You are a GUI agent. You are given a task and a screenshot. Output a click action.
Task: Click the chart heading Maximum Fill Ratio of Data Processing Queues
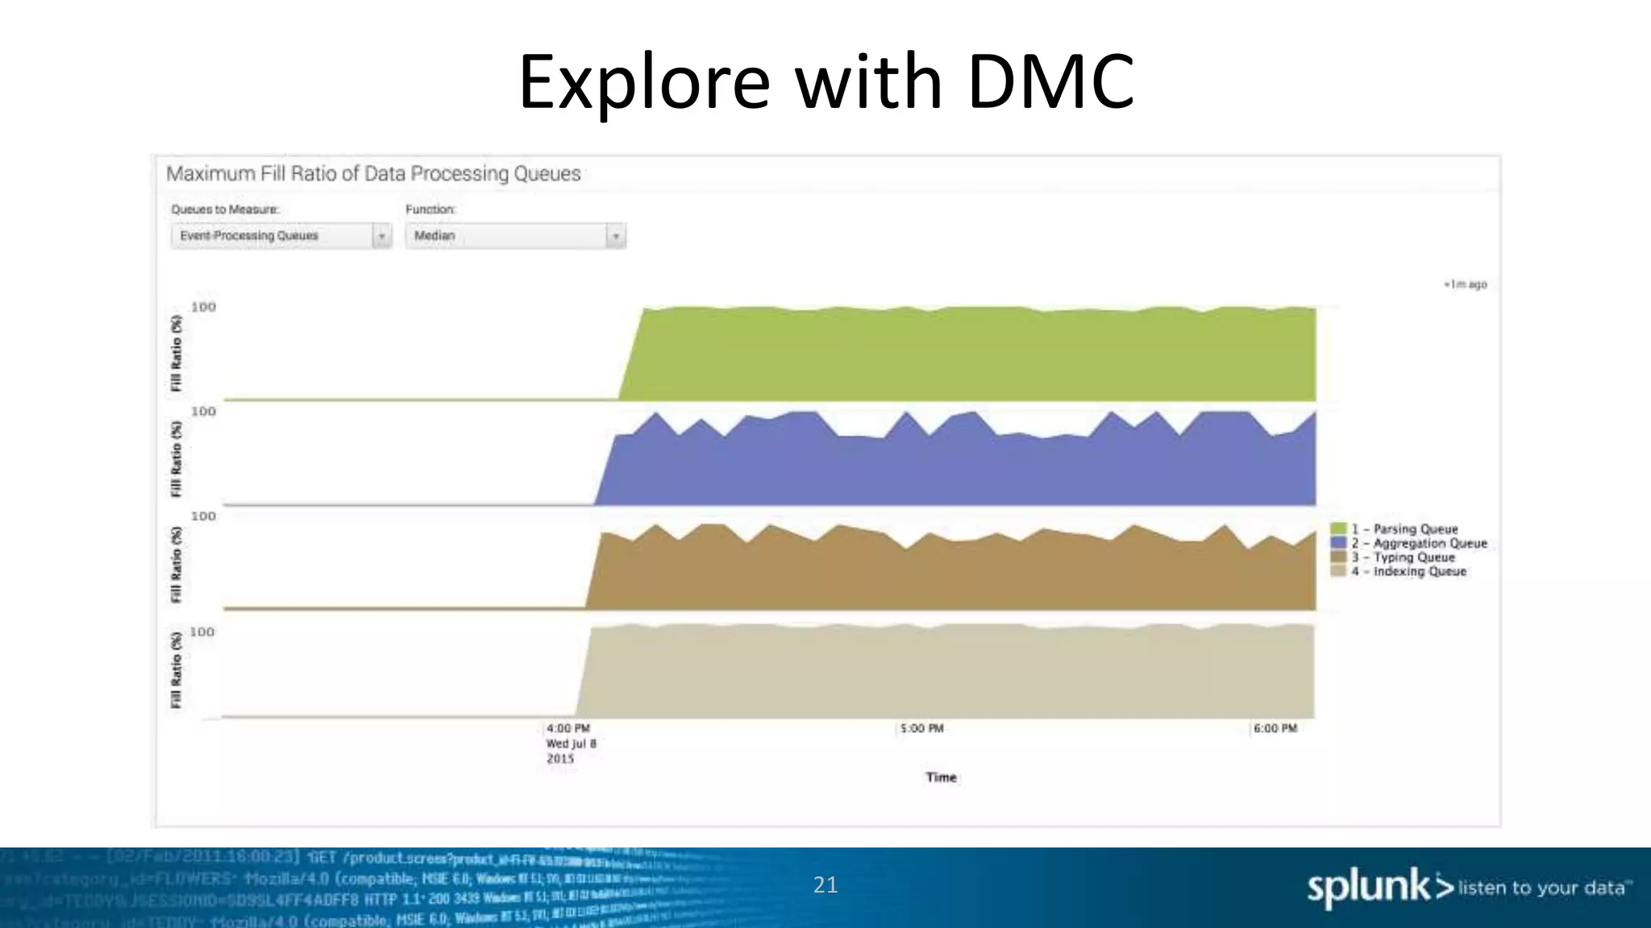pos(373,174)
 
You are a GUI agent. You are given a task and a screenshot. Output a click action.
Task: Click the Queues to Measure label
pos(225,209)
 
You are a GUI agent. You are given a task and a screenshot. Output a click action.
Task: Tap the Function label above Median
pos(430,209)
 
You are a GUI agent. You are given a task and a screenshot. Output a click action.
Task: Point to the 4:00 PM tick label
pos(568,728)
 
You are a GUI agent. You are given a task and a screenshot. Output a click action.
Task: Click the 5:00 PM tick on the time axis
pos(921,728)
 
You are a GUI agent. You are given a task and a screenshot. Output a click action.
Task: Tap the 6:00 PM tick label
pos(1275,728)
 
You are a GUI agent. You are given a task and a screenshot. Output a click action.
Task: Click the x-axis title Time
pos(941,777)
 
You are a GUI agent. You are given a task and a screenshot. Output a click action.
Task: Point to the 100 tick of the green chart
pos(203,307)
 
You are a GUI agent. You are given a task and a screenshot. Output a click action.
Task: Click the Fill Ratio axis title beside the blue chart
pos(177,459)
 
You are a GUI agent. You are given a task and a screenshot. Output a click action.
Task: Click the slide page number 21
pos(825,885)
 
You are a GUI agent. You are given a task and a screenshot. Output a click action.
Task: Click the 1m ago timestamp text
pos(1466,284)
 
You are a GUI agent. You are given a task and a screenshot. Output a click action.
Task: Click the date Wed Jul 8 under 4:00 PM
pos(572,744)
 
